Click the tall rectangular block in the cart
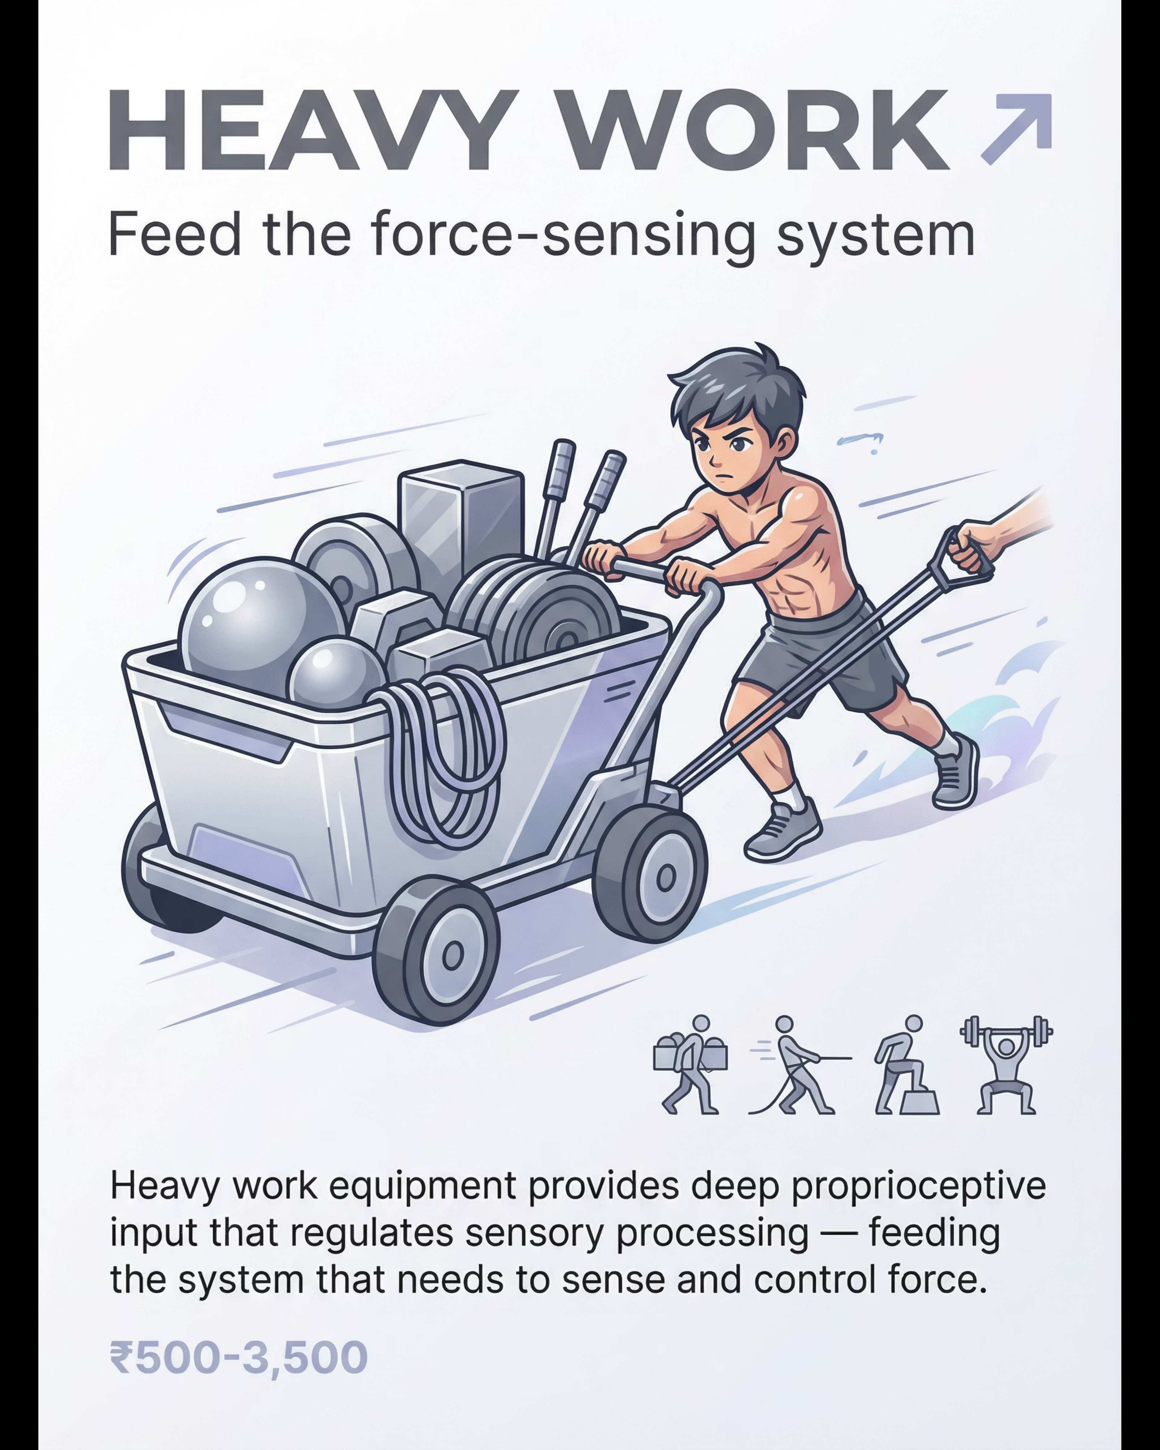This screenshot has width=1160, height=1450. pyautogui.click(x=461, y=521)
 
